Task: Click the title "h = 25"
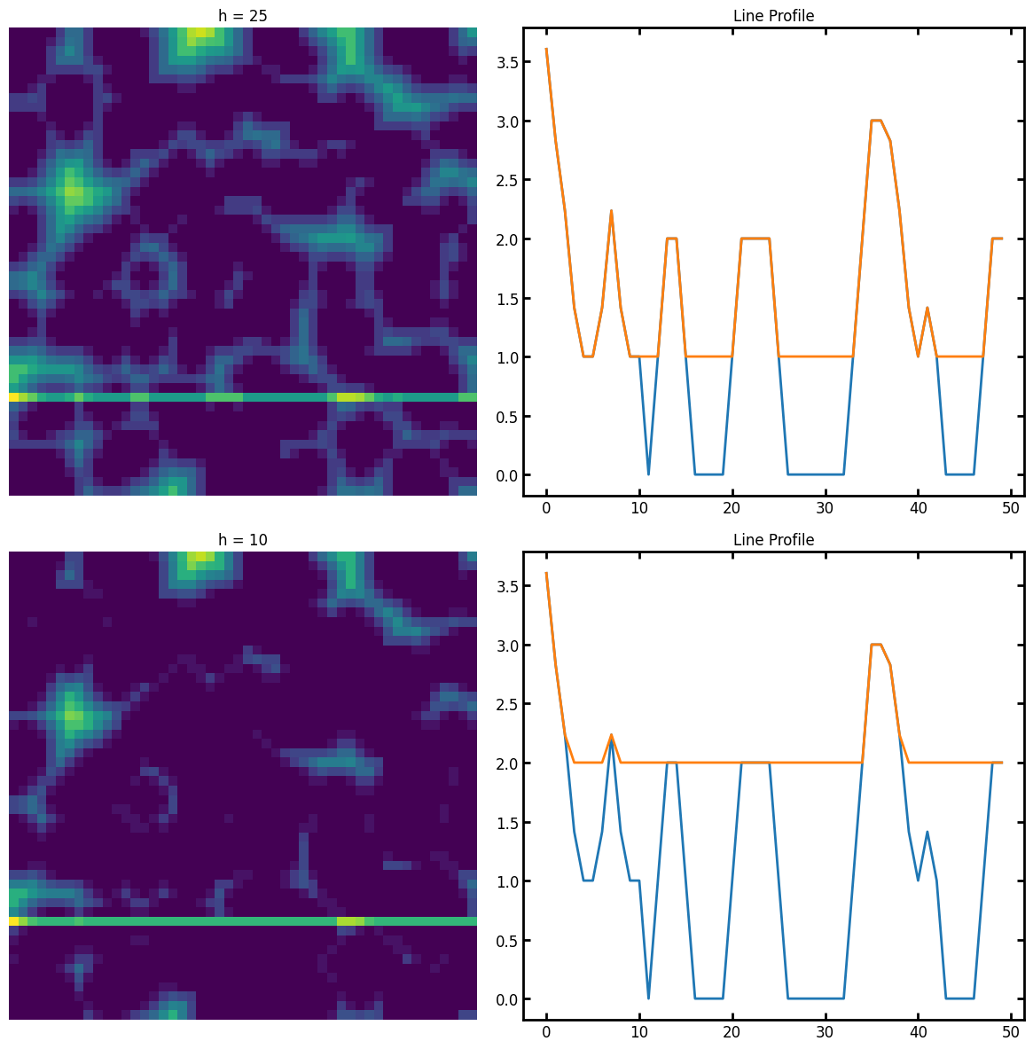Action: [242, 16]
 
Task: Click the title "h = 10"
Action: [242, 540]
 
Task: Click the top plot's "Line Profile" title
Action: [773, 16]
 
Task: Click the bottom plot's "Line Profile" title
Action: [773, 540]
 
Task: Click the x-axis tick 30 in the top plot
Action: [826, 508]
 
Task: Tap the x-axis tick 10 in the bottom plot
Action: [639, 1032]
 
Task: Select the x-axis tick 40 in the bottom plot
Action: [919, 1032]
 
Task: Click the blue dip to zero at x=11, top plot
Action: [648, 474]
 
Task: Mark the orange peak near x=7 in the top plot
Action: [611, 211]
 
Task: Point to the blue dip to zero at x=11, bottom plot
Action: [648, 998]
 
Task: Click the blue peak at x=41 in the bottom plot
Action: [927, 832]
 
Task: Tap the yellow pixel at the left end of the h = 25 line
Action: [13, 397]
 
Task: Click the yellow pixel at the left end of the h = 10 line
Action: [13, 921]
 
